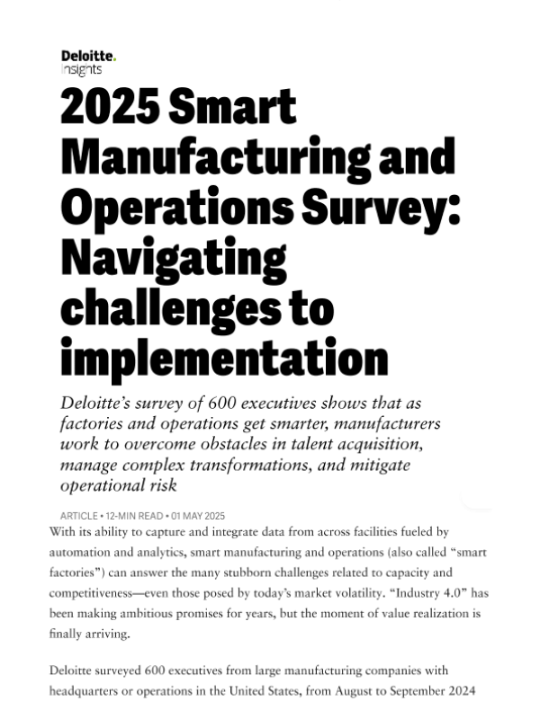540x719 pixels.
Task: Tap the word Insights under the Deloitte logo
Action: coord(81,69)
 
